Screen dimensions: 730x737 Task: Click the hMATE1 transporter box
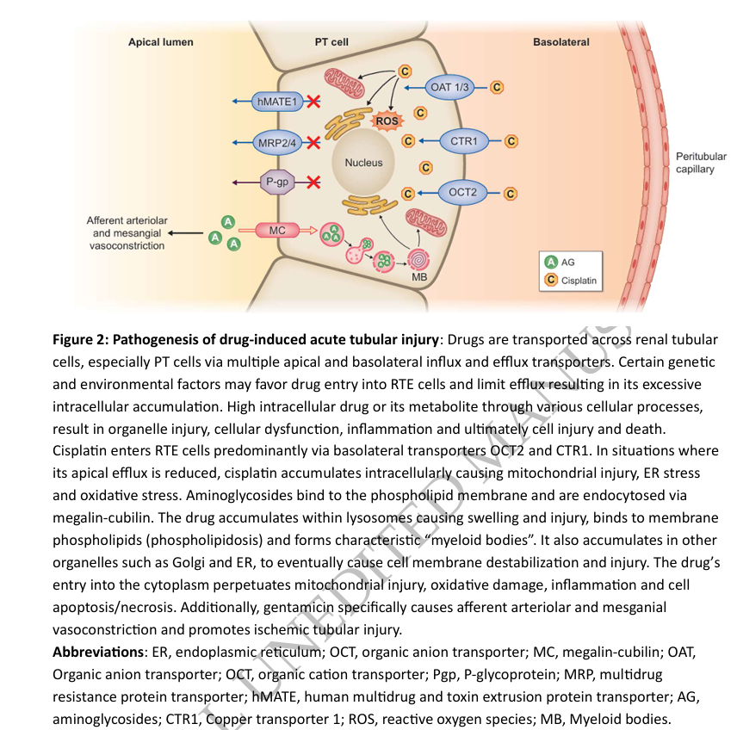click(276, 102)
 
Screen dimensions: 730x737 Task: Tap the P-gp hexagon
click(277, 182)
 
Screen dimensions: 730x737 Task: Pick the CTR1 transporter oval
click(464, 140)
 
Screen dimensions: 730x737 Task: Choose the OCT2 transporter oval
click(463, 192)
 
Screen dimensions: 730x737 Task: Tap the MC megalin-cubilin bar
click(277, 231)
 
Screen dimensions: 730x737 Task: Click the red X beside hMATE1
click(314, 102)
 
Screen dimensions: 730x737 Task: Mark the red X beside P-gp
click(314, 182)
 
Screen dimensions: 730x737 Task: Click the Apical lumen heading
click(161, 41)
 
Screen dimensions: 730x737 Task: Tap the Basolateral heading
click(561, 41)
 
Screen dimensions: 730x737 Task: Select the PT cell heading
click(331, 41)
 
